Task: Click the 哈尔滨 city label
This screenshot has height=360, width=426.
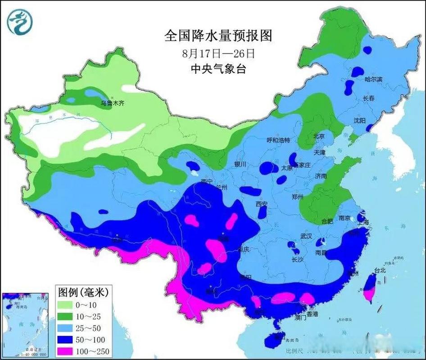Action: tap(373, 79)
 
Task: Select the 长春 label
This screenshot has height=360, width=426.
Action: tap(368, 98)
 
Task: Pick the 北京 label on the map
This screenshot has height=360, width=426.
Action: tap(319, 135)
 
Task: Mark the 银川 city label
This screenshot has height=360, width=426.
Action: tap(240, 165)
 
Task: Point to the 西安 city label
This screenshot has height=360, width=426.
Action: tap(262, 204)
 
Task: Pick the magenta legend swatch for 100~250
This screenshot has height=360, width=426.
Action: tap(68, 351)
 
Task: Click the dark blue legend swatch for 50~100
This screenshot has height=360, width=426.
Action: tap(68, 339)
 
